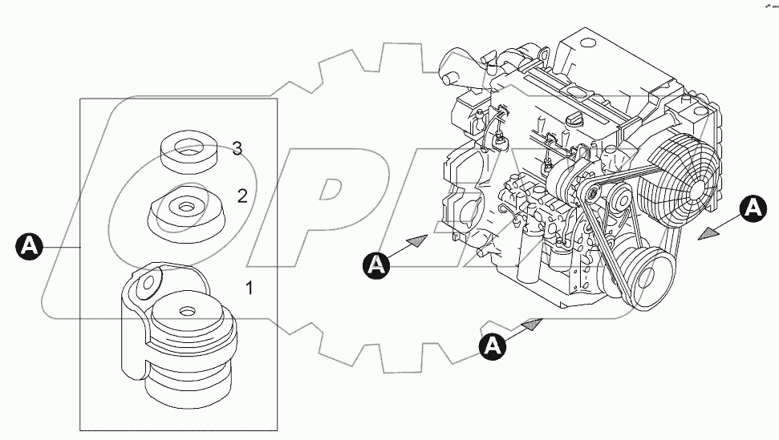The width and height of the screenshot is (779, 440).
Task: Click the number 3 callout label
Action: [237, 147]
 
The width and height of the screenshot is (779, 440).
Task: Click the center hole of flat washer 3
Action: [190, 147]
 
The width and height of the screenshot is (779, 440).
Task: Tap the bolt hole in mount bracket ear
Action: [147, 284]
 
